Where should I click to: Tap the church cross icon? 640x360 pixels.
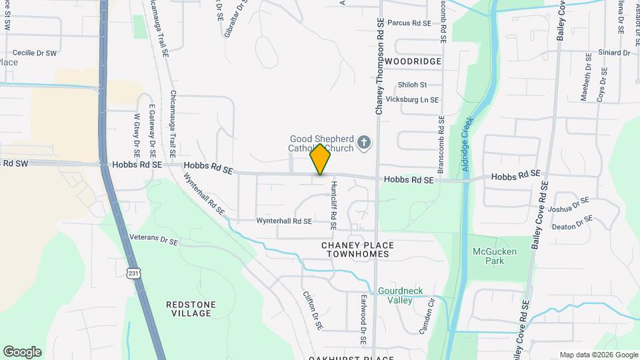[363, 141]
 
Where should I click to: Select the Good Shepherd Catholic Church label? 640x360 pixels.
[321, 143]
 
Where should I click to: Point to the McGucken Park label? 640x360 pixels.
[495, 256]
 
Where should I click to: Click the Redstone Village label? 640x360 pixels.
[191, 309]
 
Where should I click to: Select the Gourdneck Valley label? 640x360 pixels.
[401, 295]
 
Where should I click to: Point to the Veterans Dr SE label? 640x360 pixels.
[154, 240]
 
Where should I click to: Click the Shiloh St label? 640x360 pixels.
[411, 85]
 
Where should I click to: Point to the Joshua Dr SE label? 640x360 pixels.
[570, 205]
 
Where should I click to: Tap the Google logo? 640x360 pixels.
[22, 351]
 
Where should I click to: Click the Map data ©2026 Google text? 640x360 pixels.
[597, 355]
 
